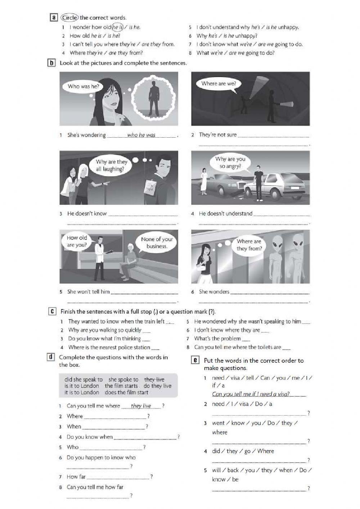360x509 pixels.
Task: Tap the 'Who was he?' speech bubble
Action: pyautogui.click(x=83, y=86)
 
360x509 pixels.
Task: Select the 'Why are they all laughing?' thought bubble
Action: pyautogui.click(x=112, y=165)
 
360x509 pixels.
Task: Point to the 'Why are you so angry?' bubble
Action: pyautogui.click(x=230, y=162)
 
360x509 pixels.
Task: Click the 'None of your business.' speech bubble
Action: pyautogui.click(x=157, y=243)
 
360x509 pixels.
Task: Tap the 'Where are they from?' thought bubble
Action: pyautogui.click(x=249, y=245)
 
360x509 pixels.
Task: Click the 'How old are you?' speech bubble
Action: pyautogui.click(x=77, y=241)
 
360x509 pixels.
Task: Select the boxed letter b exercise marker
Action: pyautogui.click(x=51, y=63)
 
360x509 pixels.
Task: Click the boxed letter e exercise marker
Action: pyautogui.click(x=195, y=360)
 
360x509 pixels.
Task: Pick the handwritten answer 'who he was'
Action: pyautogui.click(x=141, y=135)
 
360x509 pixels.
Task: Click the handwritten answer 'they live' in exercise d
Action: pyautogui.click(x=141, y=406)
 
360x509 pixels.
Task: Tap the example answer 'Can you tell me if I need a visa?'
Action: pyautogui.click(x=251, y=394)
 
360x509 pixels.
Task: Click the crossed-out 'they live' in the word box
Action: pyautogui.click(x=154, y=379)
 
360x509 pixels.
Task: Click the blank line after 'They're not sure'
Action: pyautogui.click(x=274, y=136)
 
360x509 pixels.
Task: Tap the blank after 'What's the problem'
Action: pyautogui.click(x=246, y=339)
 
